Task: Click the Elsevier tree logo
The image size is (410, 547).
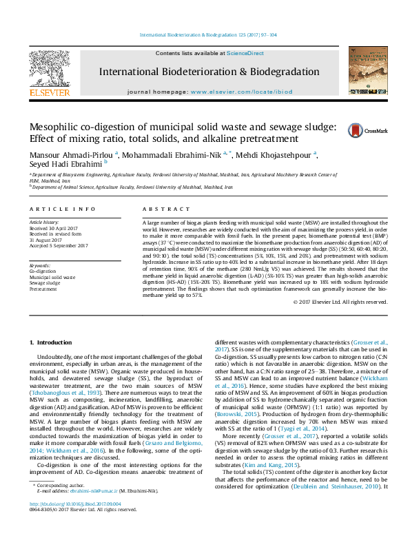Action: pyautogui.click(x=49, y=68)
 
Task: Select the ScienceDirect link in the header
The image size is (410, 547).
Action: pyautogui.click(x=246, y=53)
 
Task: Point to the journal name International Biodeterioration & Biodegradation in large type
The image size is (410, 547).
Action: pyautogui.click(x=209, y=72)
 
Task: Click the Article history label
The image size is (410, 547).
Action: pyautogui.click(x=44, y=223)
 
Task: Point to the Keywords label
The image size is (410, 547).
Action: pyautogui.click(x=40, y=265)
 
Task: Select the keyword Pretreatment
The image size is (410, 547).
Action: pyautogui.click(x=43, y=289)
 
